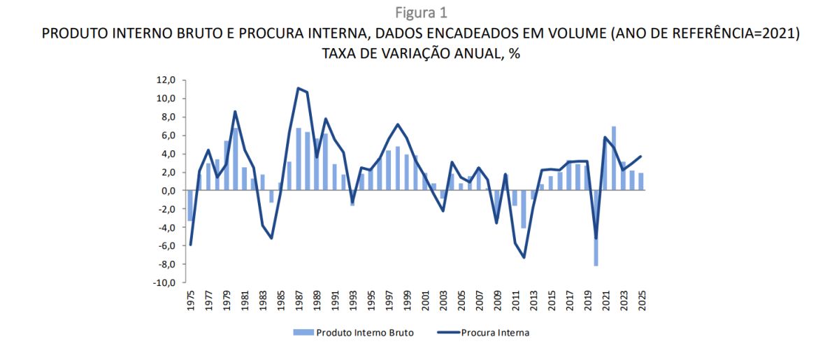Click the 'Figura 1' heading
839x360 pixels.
pos(420,13)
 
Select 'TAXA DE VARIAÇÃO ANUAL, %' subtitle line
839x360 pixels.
pos(420,54)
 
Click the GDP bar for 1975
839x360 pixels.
pos(190,206)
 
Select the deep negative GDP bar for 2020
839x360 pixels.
pos(596,228)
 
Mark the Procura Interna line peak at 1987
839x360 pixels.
pos(299,88)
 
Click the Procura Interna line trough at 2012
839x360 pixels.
pos(524,257)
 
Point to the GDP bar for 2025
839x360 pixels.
pos(641,182)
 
